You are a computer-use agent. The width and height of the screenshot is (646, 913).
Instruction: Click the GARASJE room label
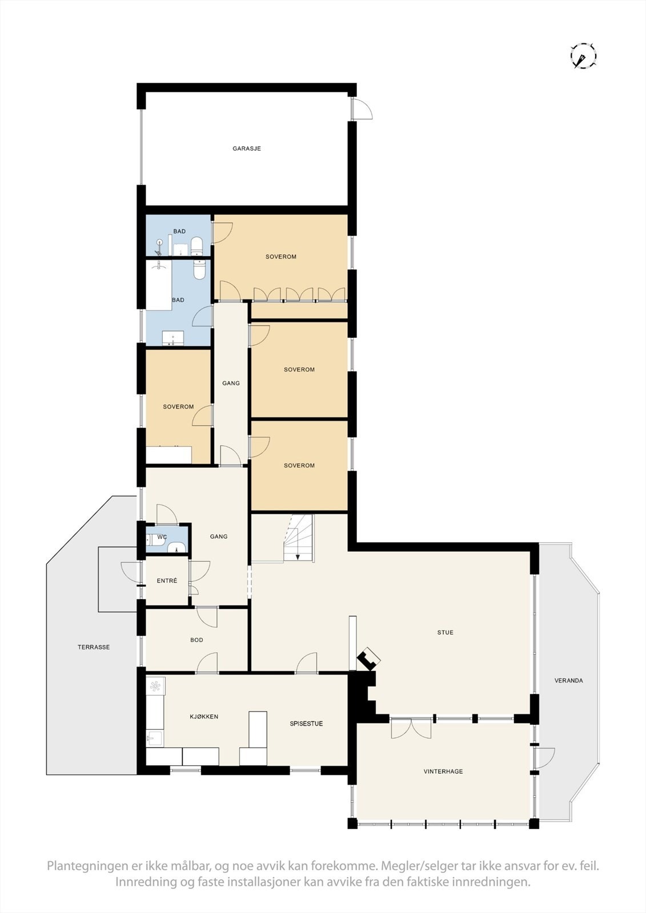[x=247, y=148]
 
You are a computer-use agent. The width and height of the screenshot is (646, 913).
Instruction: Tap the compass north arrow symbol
[x=583, y=56]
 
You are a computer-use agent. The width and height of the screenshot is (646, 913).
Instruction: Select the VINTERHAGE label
[x=443, y=771]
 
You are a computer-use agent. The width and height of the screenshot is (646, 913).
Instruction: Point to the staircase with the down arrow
[x=299, y=539]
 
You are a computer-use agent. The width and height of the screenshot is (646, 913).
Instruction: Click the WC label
[x=162, y=537]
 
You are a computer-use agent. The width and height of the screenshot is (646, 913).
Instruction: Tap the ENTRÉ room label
[x=167, y=581]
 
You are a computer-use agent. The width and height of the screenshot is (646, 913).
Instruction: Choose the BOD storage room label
[x=196, y=640]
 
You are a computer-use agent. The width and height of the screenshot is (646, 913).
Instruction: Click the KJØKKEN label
[x=204, y=717]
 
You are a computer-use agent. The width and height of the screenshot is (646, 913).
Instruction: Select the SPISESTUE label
[x=306, y=724]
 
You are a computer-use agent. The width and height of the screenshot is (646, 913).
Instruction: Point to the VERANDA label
[x=568, y=681]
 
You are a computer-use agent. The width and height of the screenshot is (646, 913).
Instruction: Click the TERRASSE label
[x=94, y=647]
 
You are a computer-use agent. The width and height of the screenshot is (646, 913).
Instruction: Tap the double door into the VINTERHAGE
[x=411, y=728]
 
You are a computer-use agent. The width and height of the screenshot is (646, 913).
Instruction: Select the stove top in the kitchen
[x=155, y=685]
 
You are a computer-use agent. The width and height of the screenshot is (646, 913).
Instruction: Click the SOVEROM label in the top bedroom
[x=281, y=257]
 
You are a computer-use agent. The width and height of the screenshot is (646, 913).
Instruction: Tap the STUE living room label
[x=445, y=632]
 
